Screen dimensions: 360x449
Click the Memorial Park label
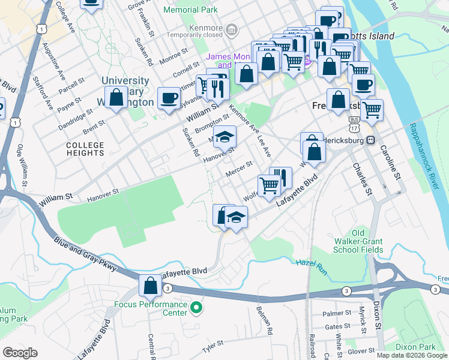[190, 10]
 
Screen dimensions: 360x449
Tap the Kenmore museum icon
[231, 29]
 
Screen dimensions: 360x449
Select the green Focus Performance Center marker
[196, 308]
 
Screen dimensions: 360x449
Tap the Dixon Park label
[415, 347]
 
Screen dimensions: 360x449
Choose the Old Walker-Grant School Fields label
[358, 241]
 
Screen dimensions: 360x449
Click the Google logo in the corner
[20, 352]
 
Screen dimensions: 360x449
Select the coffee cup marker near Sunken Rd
[169, 98]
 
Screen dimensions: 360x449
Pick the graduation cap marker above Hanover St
[224, 137]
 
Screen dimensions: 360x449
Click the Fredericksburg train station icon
[370, 140]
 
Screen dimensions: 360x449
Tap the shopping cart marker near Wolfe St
[268, 185]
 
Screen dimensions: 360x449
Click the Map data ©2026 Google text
[412, 355]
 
